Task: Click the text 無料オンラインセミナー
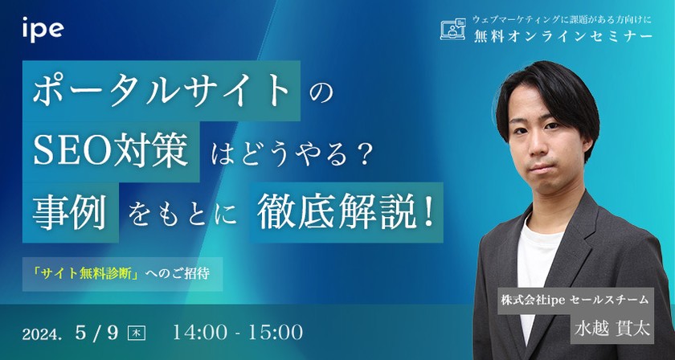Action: click(x=562, y=37)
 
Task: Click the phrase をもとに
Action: click(x=182, y=215)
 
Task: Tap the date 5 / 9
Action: click(x=103, y=331)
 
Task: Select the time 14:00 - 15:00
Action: click(x=238, y=331)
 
